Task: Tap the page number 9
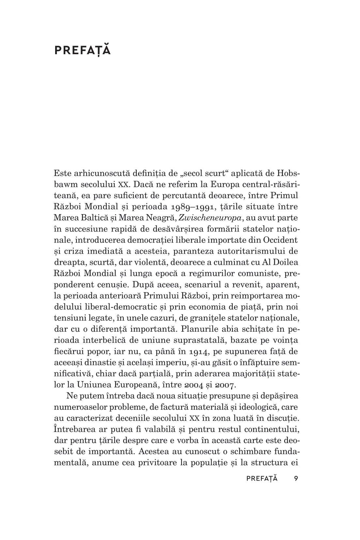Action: click(x=296, y=479)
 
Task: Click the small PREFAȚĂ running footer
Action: click(x=262, y=479)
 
